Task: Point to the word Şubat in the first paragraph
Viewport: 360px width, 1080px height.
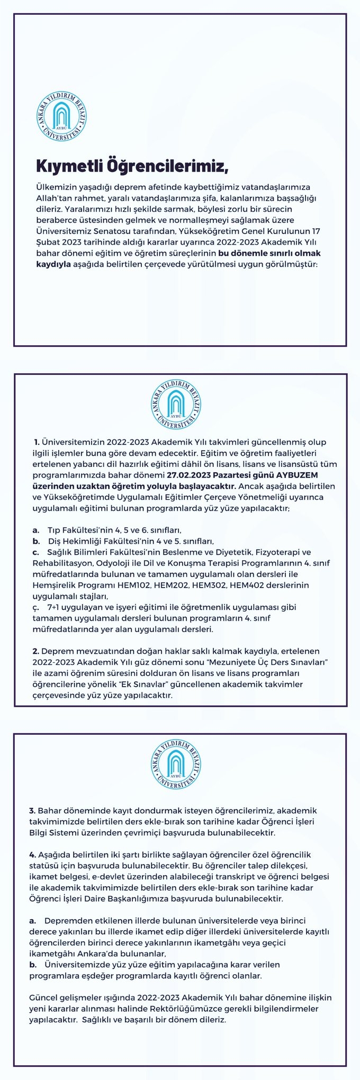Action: [47, 242]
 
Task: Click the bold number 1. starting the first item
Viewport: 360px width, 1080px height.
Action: [37, 442]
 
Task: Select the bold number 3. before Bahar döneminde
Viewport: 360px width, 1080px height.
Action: [32, 811]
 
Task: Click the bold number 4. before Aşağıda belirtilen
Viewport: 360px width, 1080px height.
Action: [32, 855]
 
